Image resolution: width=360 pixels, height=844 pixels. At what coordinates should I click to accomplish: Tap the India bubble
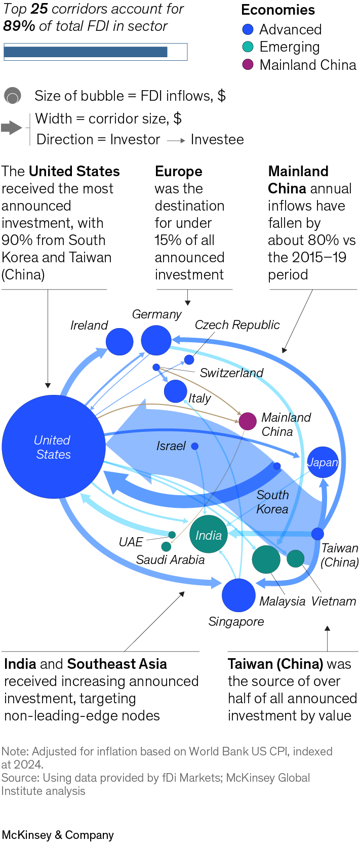(x=209, y=534)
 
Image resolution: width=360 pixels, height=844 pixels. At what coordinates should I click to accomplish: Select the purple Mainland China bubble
(x=248, y=421)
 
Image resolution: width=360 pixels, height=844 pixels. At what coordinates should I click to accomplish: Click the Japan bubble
(x=323, y=462)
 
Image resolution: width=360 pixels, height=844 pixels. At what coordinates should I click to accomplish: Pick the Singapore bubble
(x=238, y=595)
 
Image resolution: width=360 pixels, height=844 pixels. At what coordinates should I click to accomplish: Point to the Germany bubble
(x=156, y=340)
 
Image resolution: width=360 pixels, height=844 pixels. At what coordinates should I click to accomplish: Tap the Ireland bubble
(x=119, y=341)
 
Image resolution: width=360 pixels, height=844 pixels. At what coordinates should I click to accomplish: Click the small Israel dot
(x=195, y=446)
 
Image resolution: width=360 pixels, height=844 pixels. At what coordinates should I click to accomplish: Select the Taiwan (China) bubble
(x=317, y=533)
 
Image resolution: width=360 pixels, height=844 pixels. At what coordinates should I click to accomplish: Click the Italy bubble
(x=176, y=391)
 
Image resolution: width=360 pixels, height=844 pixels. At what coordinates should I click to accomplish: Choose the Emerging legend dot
(x=248, y=47)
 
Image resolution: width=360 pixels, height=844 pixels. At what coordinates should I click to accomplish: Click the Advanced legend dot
(x=248, y=29)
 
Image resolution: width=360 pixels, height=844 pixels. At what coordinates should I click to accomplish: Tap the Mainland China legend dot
(x=248, y=65)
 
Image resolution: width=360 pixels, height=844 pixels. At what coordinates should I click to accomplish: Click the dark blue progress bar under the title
(x=86, y=52)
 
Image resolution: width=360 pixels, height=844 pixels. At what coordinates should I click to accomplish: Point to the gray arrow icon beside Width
(x=11, y=127)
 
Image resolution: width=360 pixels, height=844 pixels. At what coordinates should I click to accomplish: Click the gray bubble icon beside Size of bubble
(x=13, y=96)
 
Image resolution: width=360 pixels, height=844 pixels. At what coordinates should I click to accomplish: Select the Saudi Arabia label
(x=170, y=559)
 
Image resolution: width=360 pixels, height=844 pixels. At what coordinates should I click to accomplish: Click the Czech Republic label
(x=237, y=325)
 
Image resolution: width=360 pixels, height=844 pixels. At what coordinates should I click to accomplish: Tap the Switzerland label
(x=231, y=373)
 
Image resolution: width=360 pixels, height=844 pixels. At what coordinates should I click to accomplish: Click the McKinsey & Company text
(x=58, y=834)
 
